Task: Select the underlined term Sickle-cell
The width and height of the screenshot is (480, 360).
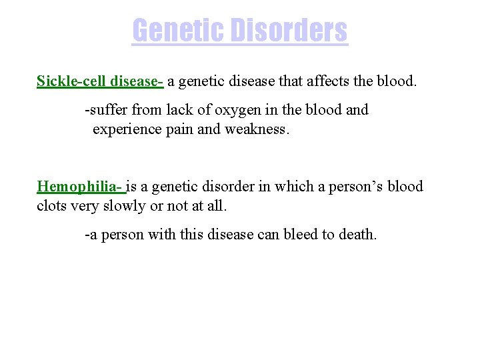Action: (x=69, y=81)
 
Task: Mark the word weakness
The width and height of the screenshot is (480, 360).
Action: (x=256, y=129)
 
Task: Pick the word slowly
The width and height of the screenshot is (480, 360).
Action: (x=121, y=206)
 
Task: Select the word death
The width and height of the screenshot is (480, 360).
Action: (x=357, y=235)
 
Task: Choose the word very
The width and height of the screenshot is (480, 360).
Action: (x=83, y=206)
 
